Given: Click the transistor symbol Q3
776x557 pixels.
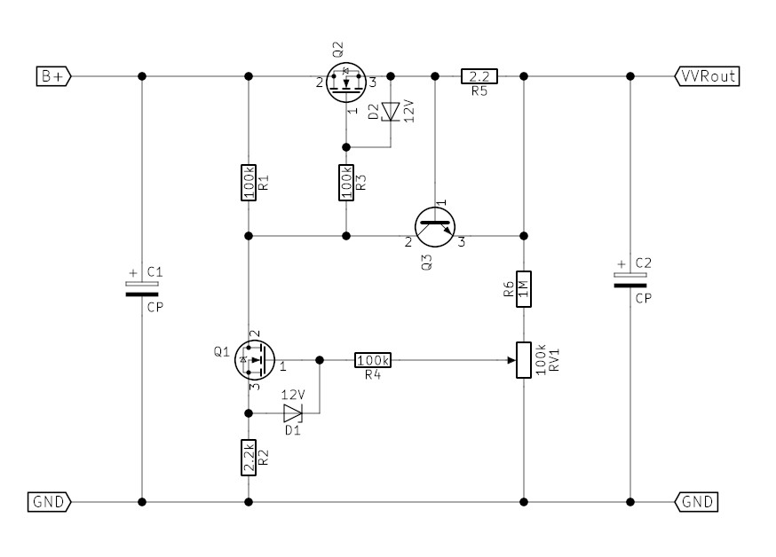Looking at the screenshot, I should [x=435, y=226].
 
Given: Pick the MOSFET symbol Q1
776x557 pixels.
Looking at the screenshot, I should [x=253, y=360].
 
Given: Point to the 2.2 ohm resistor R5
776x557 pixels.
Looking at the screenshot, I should [x=479, y=76].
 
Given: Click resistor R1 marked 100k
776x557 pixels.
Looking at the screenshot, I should [x=249, y=182].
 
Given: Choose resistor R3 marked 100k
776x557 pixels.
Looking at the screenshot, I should [x=346, y=182].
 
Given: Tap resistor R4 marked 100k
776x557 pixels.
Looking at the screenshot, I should [x=373, y=360].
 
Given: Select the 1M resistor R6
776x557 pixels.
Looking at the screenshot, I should [x=524, y=288].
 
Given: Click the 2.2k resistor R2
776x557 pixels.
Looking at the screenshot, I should [x=249, y=458].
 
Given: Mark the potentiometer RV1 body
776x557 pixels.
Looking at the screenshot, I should [x=524, y=360].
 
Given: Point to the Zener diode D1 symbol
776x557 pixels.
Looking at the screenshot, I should [x=292, y=413].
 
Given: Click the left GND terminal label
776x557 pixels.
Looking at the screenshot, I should [x=50, y=502].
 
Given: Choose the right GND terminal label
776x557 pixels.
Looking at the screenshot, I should [x=698, y=502].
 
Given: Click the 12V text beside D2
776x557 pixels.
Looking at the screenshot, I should [x=409, y=114].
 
